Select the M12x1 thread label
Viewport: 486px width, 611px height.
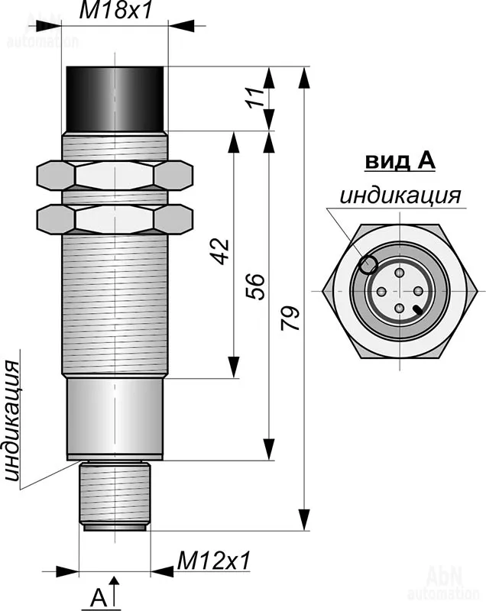pyautogui.click(x=215, y=561)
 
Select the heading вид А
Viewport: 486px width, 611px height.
pyautogui.click(x=399, y=160)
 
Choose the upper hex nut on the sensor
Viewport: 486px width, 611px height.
pyautogui.click(x=115, y=175)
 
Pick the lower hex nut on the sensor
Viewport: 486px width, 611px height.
pyautogui.click(x=115, y=219)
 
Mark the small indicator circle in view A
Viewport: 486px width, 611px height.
pyautogui.click(x=368, y=264)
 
